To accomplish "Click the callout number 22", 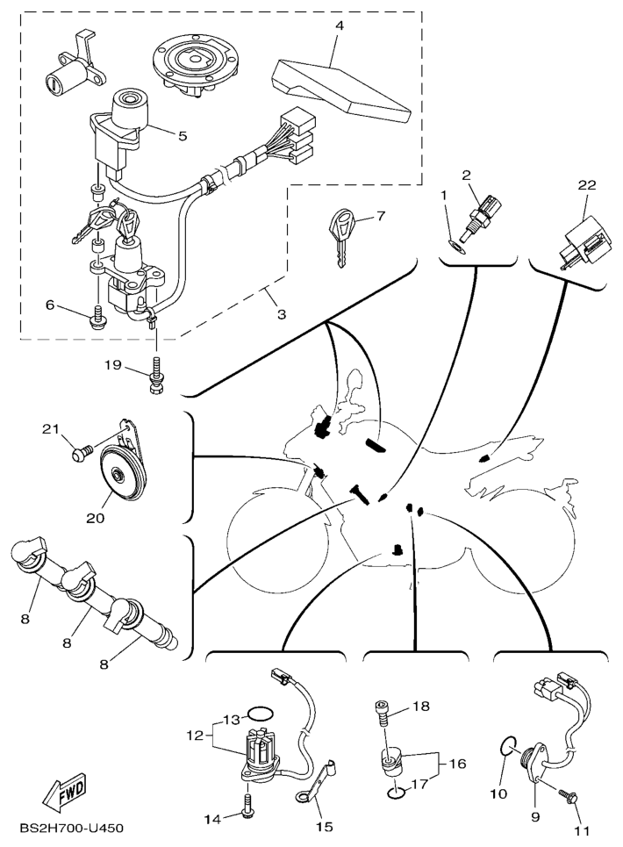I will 587,185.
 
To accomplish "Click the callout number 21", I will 50,428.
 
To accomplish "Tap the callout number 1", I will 445,194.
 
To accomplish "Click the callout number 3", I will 282,314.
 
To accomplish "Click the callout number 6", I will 50,305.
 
